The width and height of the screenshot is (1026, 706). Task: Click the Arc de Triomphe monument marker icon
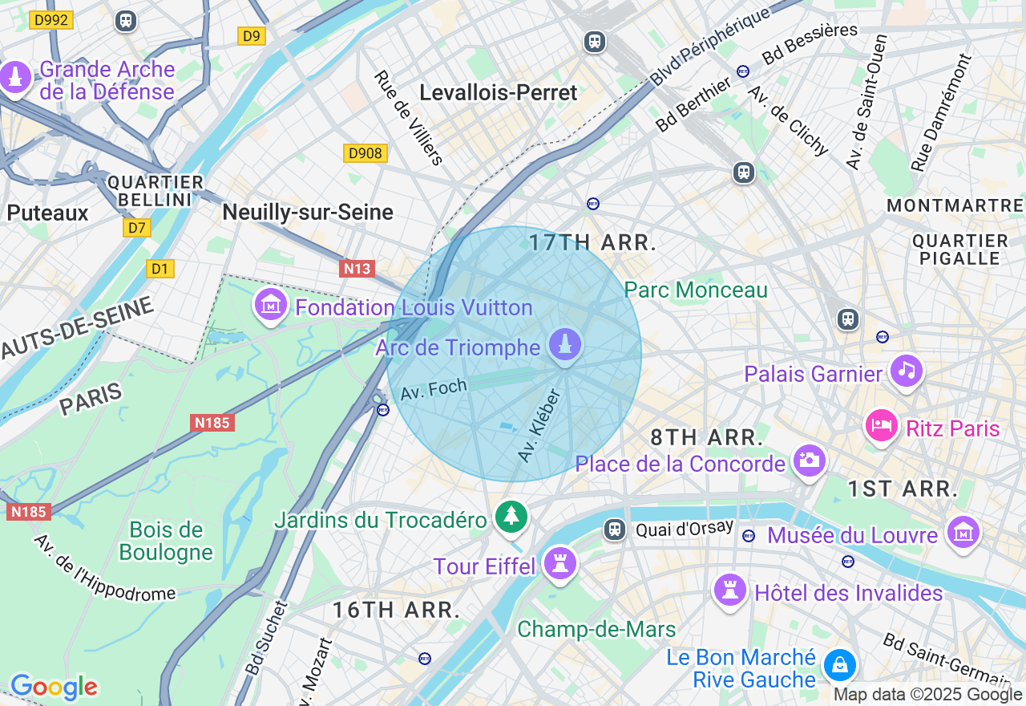(566, 345)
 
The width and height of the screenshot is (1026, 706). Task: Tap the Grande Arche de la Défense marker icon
(15, 78)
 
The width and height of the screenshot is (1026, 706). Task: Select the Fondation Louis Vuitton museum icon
(271, 305)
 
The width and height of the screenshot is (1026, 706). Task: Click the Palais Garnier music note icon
(907, 371)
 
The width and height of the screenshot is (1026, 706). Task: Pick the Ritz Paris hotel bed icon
(881, 424)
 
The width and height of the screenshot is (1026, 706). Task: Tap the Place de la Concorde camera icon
(810, 461)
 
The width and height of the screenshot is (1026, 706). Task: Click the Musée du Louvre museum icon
(963, 532)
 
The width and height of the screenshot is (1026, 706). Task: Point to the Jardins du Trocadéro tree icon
(511, 516)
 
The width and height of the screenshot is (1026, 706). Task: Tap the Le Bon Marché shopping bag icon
(839, 665)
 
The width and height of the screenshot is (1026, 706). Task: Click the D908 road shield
(366, 153)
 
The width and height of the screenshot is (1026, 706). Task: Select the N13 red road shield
(357, 268)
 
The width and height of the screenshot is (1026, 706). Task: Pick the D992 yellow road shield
(51, 20)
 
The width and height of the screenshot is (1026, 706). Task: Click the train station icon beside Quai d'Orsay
(615, 529)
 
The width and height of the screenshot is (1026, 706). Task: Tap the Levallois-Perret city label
(499, 93)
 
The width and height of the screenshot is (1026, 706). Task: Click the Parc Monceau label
(696, 290)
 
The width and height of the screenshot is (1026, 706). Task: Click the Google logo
(54, 687)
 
